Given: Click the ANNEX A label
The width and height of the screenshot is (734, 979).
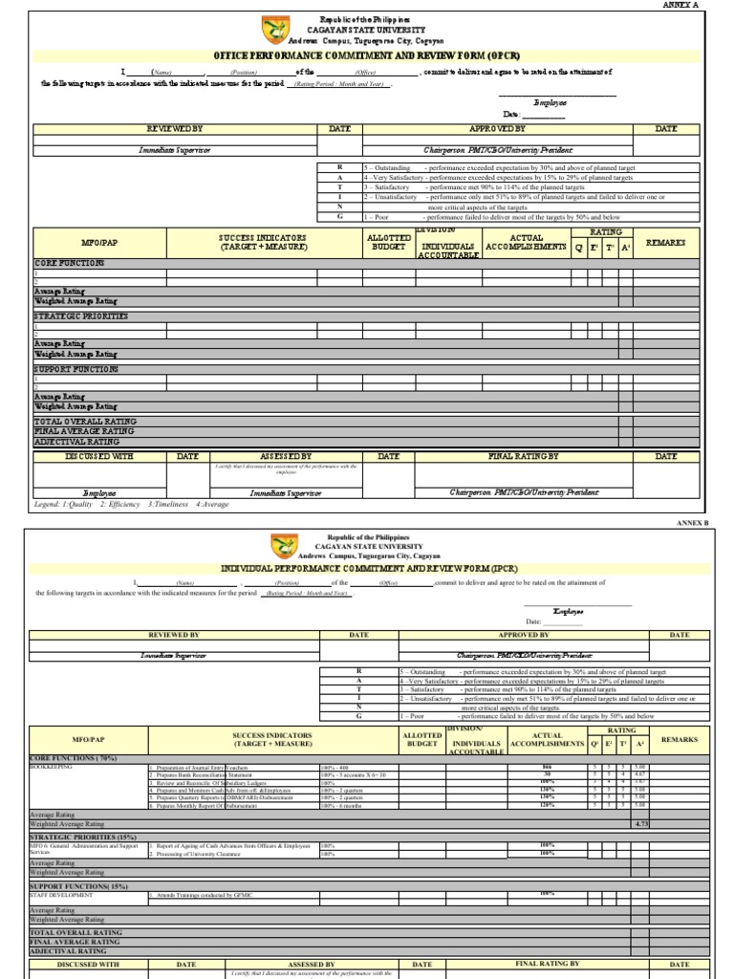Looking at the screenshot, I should (680, 5).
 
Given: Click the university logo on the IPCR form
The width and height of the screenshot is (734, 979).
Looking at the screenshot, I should (284, 547).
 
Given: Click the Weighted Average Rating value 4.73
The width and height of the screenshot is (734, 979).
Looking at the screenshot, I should (641, 822).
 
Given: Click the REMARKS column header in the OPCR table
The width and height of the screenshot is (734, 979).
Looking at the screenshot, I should (666, 243).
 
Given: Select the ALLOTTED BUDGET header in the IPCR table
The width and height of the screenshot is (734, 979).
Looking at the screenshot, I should (421, 739).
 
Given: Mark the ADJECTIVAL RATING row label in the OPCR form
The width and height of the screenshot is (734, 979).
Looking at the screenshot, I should (77, 443).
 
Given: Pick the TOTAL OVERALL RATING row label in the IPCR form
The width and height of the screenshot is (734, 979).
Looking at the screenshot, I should (76, 931).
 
